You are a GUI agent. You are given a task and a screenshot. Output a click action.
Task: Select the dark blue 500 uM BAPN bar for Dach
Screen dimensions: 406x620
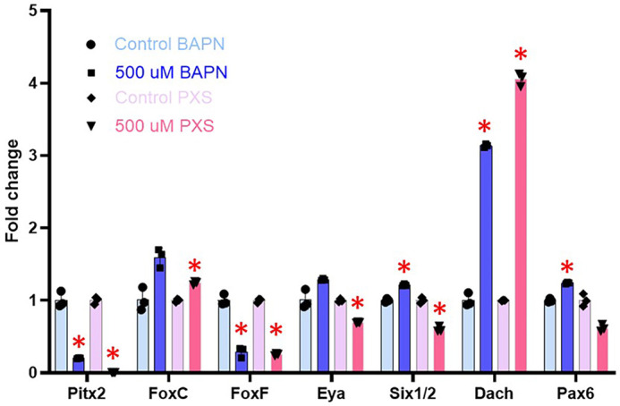486,258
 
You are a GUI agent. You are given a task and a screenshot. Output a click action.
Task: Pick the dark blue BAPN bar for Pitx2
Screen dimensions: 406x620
79,365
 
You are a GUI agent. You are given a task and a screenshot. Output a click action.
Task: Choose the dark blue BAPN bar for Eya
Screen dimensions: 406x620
322,326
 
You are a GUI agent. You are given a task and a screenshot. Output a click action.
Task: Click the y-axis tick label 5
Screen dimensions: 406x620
33,12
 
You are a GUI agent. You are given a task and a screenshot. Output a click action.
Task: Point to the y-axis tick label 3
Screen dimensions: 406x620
33,156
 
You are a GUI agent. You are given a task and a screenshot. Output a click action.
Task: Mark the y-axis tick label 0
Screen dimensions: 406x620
33,373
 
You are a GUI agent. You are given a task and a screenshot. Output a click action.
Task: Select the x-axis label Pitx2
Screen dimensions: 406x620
76,393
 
